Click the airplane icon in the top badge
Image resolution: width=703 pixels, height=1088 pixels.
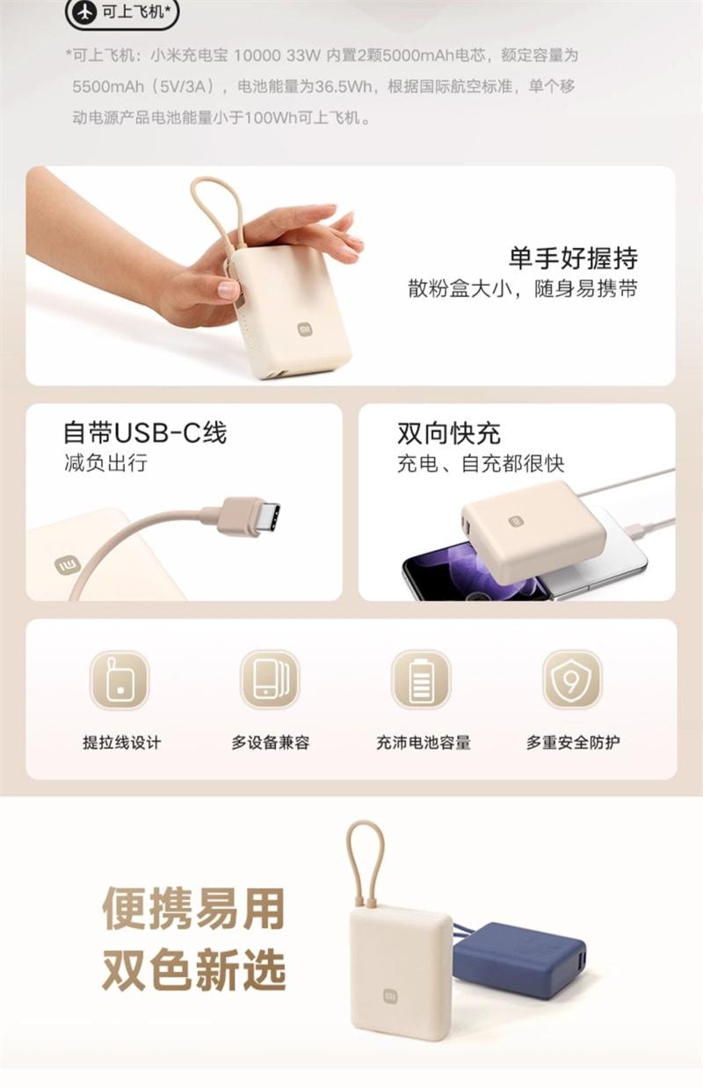pyautogui.click(x=85, y=12)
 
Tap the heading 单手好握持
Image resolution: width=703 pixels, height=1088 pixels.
pyautogui.click(x=573, y=257)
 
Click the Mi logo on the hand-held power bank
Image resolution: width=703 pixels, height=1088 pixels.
pyautogui.click(x=305, y=330)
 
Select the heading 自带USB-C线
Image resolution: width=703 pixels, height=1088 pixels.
pyautogui.click(x=145, y=432)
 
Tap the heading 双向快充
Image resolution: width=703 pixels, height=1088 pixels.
pyautogui.click(x=448, y=432)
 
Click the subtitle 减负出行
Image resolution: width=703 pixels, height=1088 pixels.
pyautogui.click(x=105, y=462)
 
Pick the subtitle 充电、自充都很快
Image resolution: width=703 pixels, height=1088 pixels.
pyautogui.click(x=481, y=463)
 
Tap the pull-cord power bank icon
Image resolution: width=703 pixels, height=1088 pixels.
pyautogui.click(x=120, y=679)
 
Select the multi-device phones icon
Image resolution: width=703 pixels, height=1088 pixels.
pyautogui.click(x=270, y=679)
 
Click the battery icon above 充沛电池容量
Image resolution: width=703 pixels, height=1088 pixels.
pyautogui.click(x=421, y=679)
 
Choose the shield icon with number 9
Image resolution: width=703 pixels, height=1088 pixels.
pyautogui.click(x=572, y=679)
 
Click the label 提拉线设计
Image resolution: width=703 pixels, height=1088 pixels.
pyautogui.click(x=121, y=742)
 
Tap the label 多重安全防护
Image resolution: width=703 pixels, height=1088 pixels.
pyautogui.click(x=573, y=742)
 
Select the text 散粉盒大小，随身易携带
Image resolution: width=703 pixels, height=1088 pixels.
pyautogui.click(x=522, y=289)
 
